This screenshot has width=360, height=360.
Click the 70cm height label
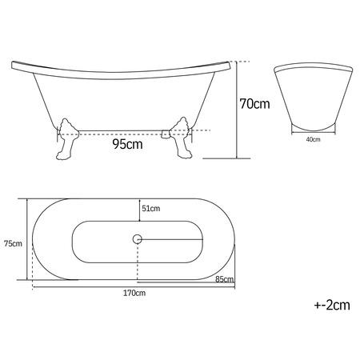(254, 104)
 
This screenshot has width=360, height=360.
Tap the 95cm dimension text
(127, 144)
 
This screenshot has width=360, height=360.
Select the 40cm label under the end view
(313, 139)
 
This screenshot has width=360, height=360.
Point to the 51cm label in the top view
(151, 208)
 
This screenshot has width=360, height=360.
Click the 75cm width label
(13, 243)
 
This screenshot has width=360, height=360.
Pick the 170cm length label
(134, 293)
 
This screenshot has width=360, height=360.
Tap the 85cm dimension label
(225, 279)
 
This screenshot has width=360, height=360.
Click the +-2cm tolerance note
(332, 305)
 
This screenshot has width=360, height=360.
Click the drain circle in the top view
(138, 239)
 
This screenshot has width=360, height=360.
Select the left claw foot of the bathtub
(66, 139)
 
